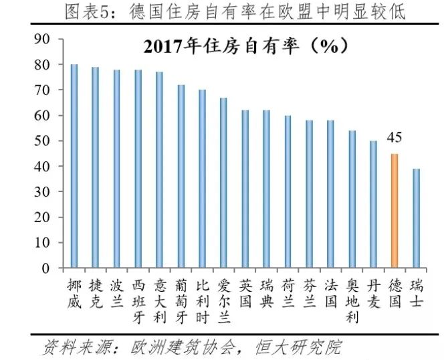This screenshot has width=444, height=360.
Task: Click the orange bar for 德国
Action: coord(395,211)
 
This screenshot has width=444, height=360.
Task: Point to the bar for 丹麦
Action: coord(373,204)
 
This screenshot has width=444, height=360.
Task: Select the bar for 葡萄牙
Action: coord(181,177)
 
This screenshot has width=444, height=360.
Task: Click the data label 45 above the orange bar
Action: coord(395,140)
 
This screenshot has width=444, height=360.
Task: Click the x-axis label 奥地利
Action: coord(352,301)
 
